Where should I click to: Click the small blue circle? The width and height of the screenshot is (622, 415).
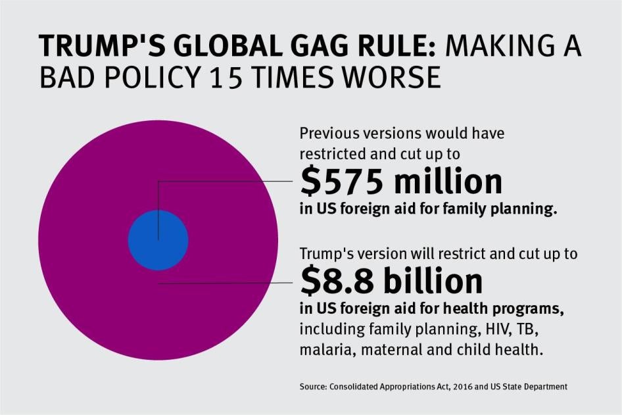point(158,241)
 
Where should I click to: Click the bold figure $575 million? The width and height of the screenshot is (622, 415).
point(400,182)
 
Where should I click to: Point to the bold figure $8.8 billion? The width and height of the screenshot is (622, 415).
point(391,281)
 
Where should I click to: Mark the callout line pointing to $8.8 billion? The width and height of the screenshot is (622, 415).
point(224,283)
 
